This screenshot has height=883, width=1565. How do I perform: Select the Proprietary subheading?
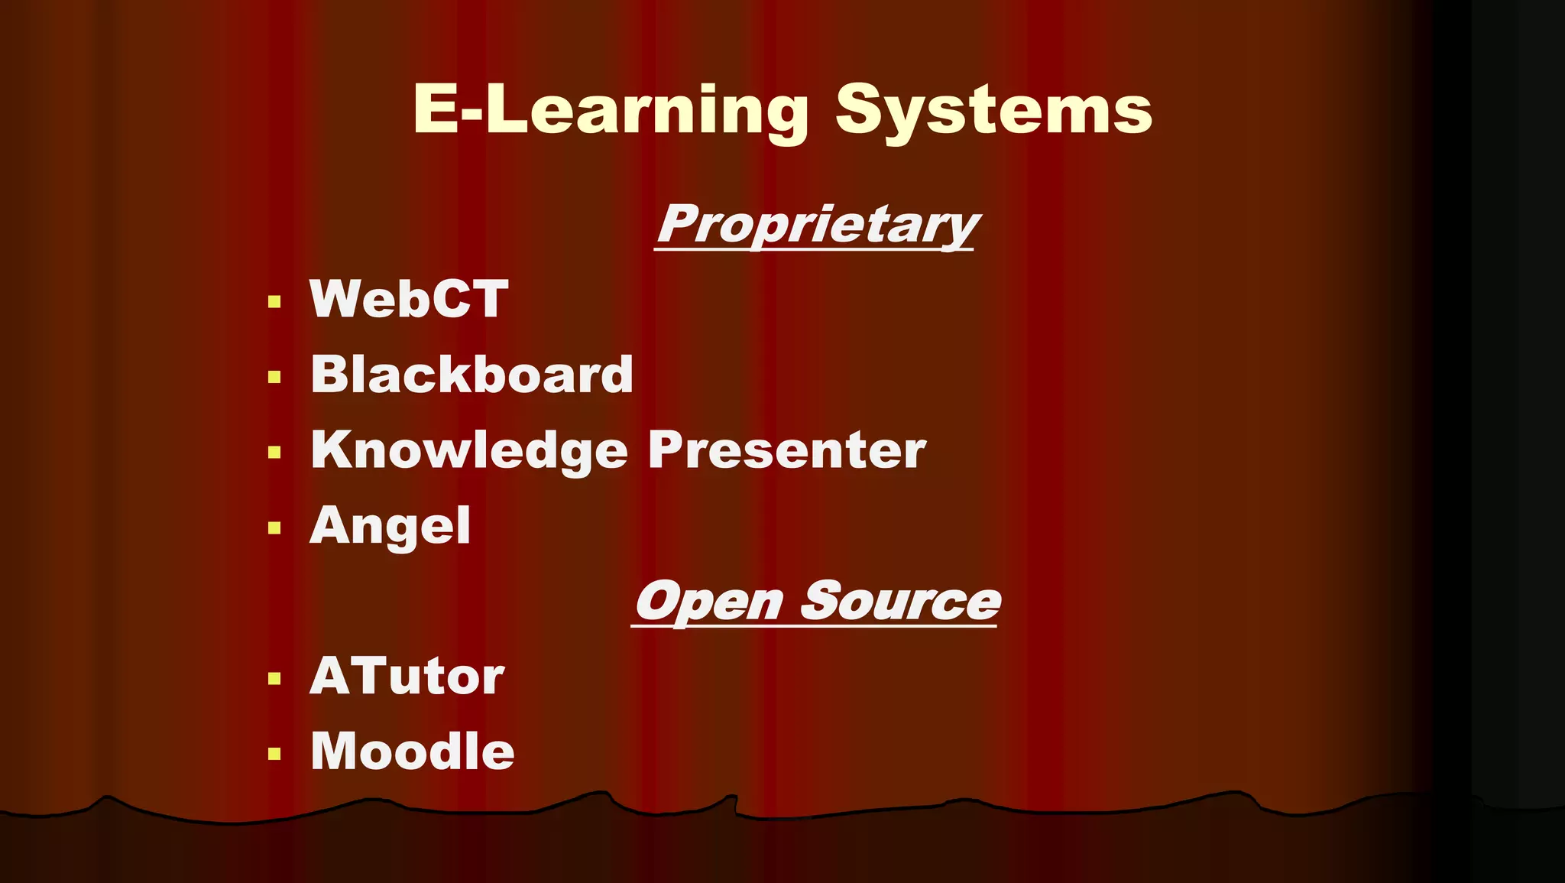pyautogui.click(x=817, y=225)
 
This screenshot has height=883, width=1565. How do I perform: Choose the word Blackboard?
pyautogui.click(x=471, y=375)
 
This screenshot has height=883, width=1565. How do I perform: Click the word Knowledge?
pyautogui.click(x=469, y=450)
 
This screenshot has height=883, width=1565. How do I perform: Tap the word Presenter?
pyautogui.click(x=786, y=450)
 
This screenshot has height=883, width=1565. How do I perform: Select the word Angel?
pyautogui.click(x=390, y=525)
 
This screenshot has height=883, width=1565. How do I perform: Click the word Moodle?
pyautogui.click(x=412, y=751)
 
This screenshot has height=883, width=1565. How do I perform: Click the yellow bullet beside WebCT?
pyautogui.click(x=275, y=301)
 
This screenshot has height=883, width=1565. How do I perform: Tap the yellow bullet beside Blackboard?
pyautogui.click(x=275, y=377)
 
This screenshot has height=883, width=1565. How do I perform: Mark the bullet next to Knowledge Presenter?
pyautogui.click(x=275, y=453)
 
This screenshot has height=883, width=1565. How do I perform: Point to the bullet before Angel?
pyautogui.click(x=275, y=528)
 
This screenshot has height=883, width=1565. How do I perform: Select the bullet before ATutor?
pyautogui.click(x=275, y=679)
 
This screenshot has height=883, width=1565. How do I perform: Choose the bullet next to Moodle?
pyautogui.click(x=275, y=755)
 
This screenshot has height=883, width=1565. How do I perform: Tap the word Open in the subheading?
pyautogui.click(x=710, y=602)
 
